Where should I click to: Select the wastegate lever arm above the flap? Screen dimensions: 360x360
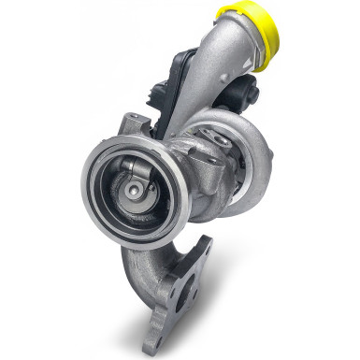(133, 170)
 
